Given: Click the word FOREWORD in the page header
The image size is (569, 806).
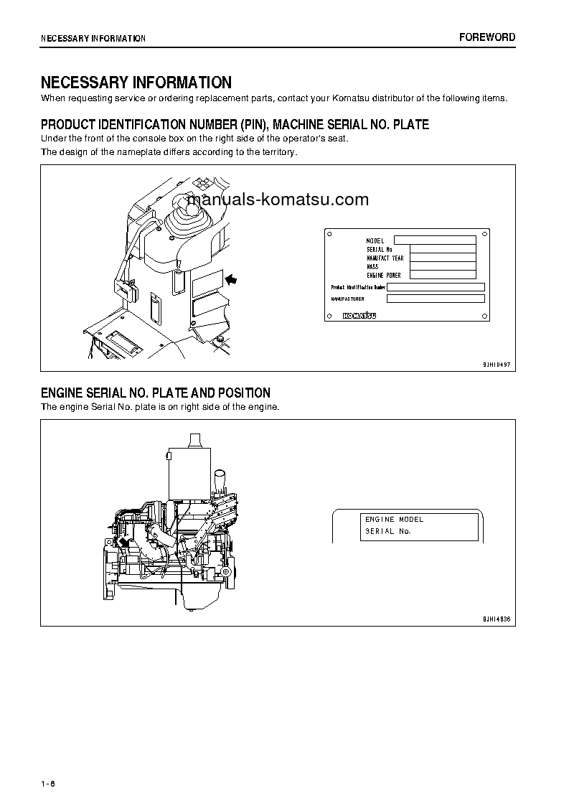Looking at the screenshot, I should [487, 37].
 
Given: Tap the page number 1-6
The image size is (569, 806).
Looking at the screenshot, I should [48, 782].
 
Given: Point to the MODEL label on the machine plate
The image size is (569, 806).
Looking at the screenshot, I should [375, 240].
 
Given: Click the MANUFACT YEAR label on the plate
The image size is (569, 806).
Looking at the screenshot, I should [385, 258].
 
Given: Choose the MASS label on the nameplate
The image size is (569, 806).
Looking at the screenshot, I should [373, 266].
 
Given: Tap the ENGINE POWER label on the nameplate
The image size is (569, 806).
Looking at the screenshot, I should [384, 275].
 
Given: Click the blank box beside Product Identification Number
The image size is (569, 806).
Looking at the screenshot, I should [436, 286].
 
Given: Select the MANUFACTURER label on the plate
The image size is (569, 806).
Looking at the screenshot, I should [347, 299].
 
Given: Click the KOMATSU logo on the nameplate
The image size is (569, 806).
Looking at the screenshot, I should [360, 315].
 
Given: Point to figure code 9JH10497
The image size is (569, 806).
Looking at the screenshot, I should [497, 364].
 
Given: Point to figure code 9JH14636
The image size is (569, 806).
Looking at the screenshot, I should [497, 618].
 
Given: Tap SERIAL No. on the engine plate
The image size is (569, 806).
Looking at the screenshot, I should [388, 531].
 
